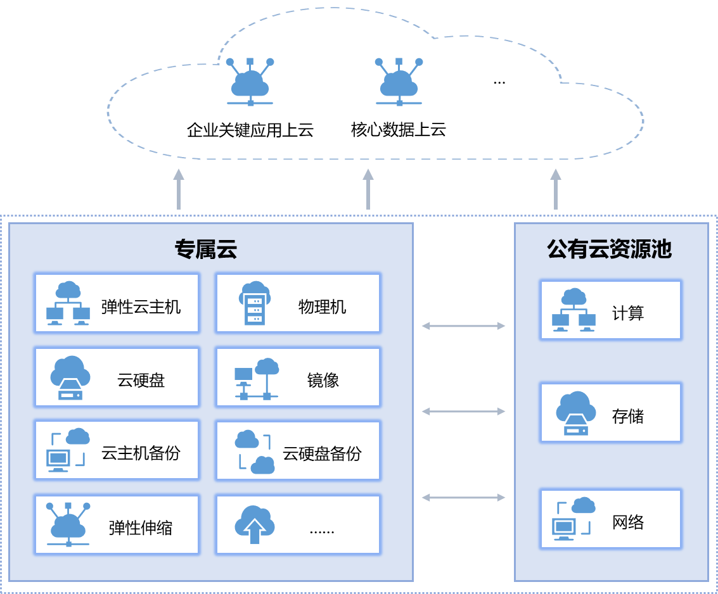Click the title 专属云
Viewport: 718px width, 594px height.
[206, 250]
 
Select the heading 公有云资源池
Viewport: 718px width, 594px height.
[609, 250]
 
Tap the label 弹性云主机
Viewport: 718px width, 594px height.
[141, 307]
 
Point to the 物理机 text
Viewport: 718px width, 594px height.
[322, 307]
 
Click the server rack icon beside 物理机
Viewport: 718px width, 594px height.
[255, 303]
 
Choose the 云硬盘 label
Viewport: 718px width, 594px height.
[141, 380]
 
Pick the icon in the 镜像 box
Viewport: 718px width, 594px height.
[257, 379]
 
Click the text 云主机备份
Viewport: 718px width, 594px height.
[141, 453]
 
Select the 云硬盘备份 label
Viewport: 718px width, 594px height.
[322, 453]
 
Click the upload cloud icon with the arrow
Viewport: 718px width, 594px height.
[254, 525]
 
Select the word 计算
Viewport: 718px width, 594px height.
[628, 313]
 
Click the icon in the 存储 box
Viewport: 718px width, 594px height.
[575, 413]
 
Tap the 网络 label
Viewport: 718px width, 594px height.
[628, 522]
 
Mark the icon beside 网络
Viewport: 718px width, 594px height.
[574, 519]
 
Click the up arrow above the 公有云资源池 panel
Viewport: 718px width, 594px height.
[556, 189]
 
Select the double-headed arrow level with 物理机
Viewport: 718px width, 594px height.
[463, 326]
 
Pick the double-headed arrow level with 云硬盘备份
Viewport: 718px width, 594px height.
[463, 498]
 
